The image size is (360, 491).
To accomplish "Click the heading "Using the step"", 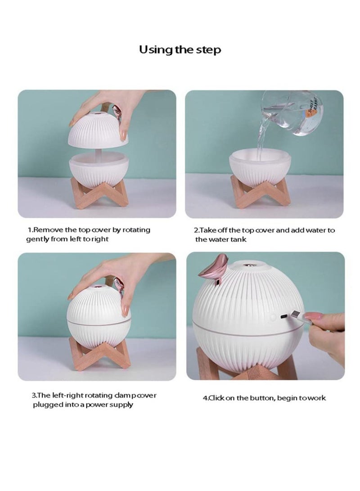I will click(180, 49).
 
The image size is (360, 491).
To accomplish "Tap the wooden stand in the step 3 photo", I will click(97, 353).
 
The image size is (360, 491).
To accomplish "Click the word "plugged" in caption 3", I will click(48, 405).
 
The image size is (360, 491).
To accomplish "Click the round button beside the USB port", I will click(273, 318).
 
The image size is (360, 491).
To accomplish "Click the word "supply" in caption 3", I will click(121, 405).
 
